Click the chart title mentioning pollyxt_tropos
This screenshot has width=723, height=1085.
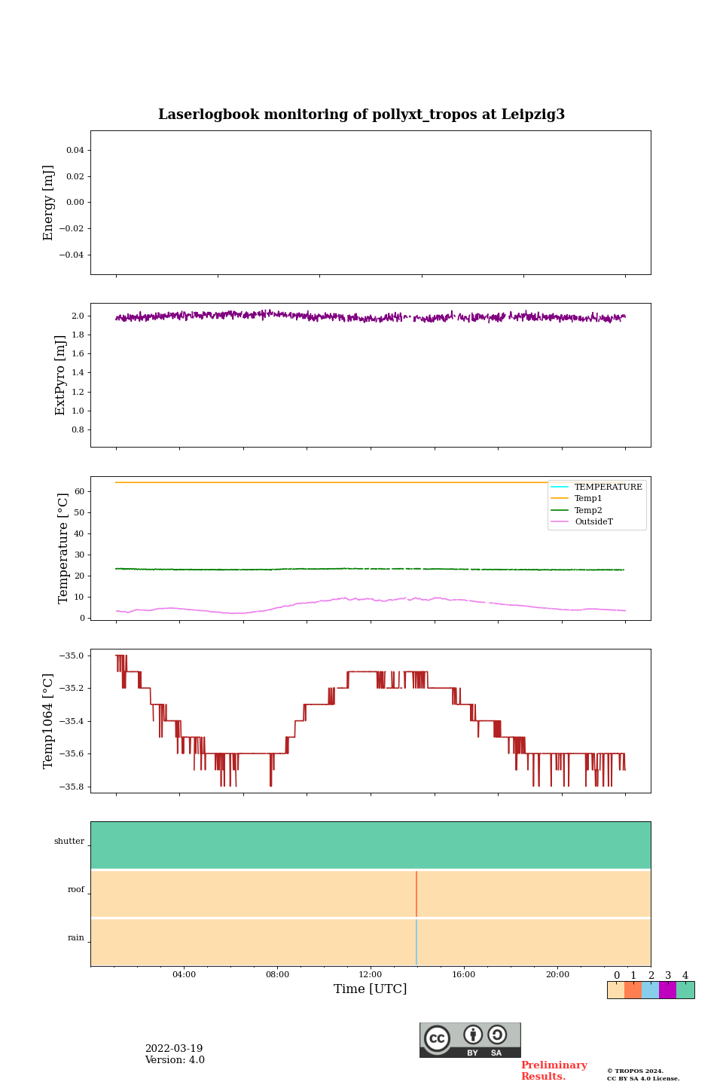click(x=361, y=115)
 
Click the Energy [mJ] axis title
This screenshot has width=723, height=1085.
click(x=49, y=203)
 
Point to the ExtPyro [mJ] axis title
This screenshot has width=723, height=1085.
click(x=61, y=375)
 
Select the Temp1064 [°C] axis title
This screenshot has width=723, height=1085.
click(x=49, y=721)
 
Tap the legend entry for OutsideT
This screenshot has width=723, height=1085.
click(x=593, y=522)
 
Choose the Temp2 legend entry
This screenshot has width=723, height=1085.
click(x=588, y=511)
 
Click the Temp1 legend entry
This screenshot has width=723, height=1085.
click(x=588, y=499)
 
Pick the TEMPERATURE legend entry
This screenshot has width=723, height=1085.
click(x=608, y=487)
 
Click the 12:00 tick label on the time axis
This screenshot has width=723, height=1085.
click(x=371, y=975)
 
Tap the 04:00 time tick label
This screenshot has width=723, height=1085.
click(x=184, y=975)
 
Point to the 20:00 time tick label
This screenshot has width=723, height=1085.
click(x=557, y=975)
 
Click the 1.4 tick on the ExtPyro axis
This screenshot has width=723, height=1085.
click(x=78, y=373)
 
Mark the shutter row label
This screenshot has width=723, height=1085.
click(x=69, y=842)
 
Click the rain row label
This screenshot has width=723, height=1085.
click(x=76, y=938)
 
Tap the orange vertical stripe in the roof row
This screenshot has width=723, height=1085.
click(x=416, y=894)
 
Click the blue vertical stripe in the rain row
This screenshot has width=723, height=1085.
click(x=416, y=942)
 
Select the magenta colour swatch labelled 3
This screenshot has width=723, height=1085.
click(x=667, y=990)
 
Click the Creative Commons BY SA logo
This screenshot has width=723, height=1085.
click(x=470, y=1040)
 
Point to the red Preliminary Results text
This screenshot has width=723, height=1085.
click(x=554, y=1071)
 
